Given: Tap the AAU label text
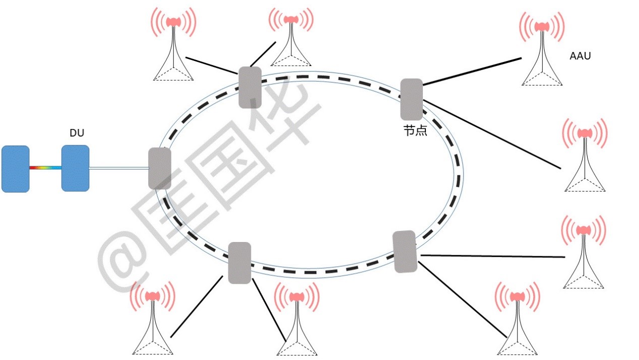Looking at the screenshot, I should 580,56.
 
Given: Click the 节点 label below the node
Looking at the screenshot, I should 415,131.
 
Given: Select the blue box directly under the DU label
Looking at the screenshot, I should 75,168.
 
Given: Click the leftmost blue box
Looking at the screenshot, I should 15,168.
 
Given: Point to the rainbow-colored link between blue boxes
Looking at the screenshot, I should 45,167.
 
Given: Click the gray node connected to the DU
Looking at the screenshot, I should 160,168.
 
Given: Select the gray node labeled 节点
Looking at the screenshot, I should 411,99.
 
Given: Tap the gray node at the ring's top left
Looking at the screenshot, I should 250,87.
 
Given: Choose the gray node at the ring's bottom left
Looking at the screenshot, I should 239,263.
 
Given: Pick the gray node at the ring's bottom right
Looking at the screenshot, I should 405,252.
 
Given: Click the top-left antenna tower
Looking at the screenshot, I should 173,48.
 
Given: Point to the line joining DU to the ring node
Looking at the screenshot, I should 118,168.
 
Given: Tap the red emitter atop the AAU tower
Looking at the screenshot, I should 542,26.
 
